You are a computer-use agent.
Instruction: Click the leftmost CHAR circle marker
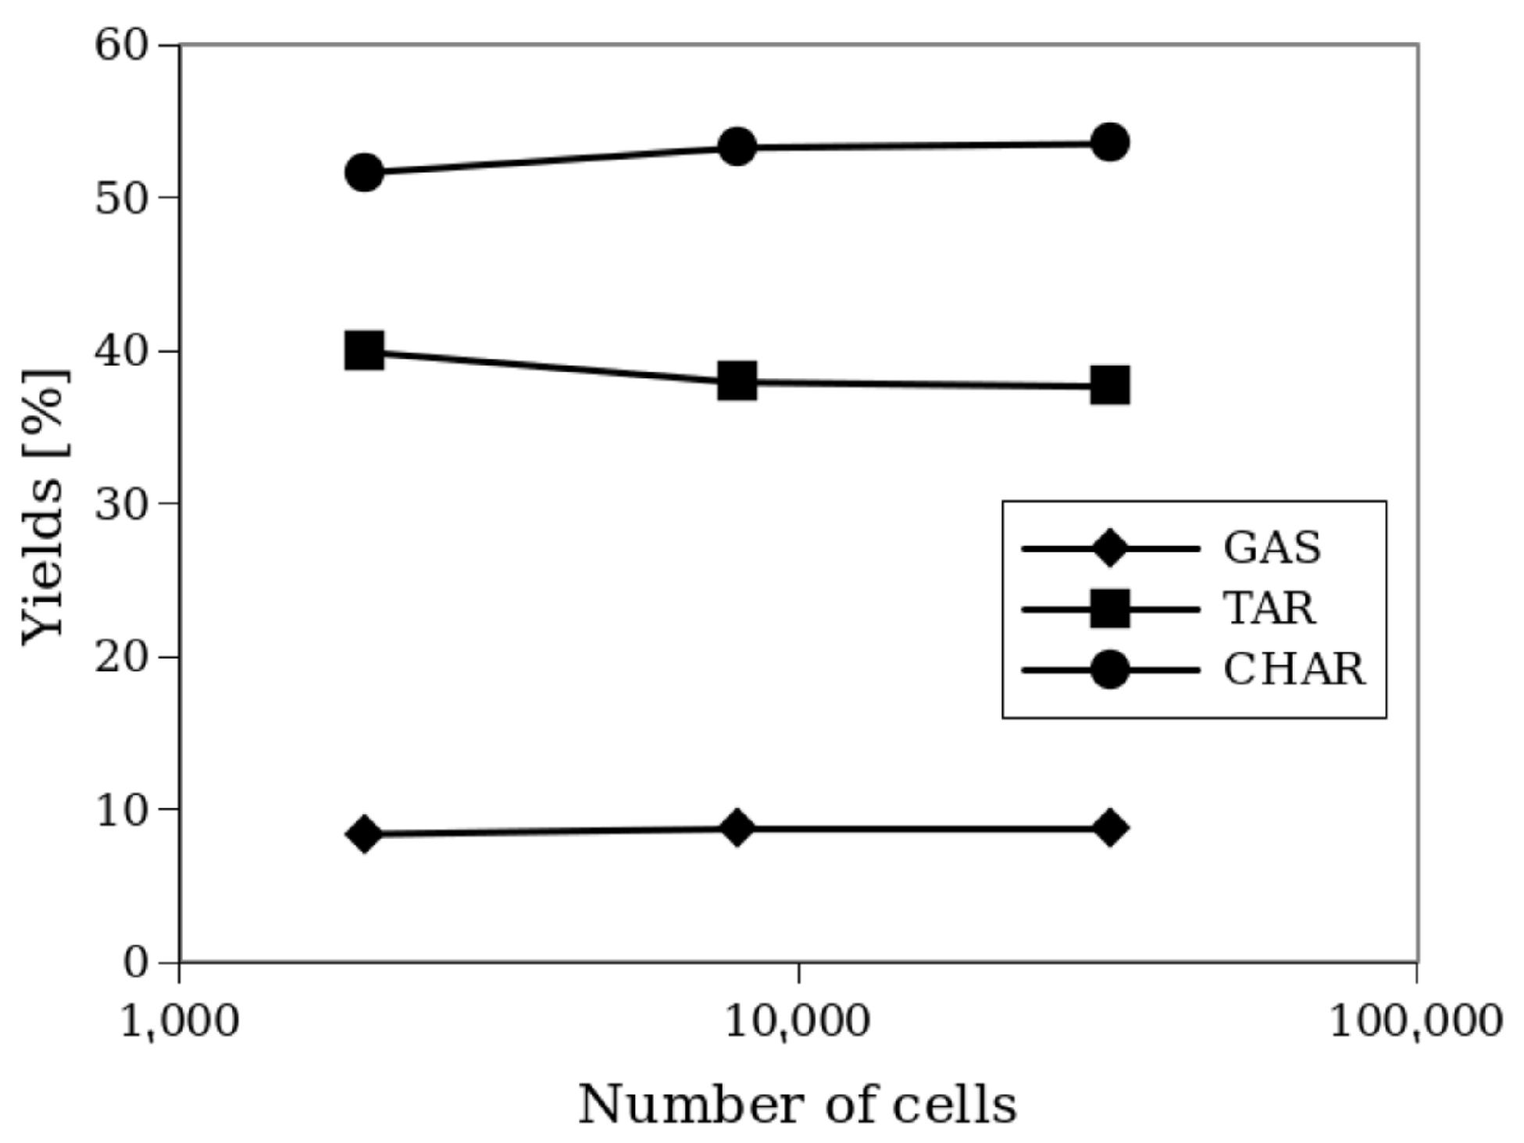pos(364,172)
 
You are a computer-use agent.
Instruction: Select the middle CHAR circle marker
pos(737,146)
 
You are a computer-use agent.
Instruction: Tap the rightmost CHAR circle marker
pos(1110,142)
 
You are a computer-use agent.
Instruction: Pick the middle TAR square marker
pos(737,381)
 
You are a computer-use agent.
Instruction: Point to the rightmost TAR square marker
pos(1110,385)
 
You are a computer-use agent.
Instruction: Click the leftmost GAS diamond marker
pos(364,834)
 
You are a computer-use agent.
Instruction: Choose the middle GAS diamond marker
pos(737,827)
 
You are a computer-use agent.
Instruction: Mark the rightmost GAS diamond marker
pos(1110,827)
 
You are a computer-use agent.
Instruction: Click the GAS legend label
pos(1272,548)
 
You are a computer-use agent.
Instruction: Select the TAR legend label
pos(1269,608)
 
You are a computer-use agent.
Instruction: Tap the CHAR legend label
pos(1294,670)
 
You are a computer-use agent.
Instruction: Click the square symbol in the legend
pos(1109,609)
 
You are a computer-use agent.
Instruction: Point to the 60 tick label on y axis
pos(121,45)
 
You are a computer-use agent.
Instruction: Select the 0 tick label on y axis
pos(135,962)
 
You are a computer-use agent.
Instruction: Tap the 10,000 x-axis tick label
pos(798,1021)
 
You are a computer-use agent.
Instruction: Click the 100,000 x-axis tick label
pos(1415,1021)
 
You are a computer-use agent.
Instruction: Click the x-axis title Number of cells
pos(798,1105)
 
